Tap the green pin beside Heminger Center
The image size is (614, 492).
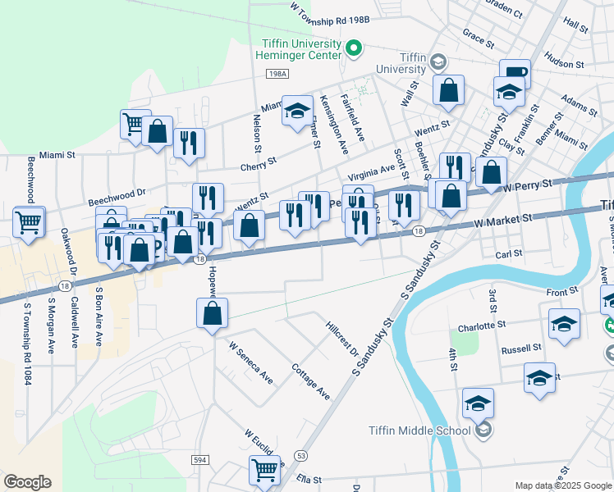point(355,48)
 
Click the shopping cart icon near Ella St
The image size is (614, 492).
point(264,470)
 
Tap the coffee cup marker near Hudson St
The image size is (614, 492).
point(515,72)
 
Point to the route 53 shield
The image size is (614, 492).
point(301,454)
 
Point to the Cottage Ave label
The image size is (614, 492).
point(312,381)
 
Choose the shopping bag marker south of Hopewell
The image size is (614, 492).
point(212,312)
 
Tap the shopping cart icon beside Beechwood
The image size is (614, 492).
point(29,221)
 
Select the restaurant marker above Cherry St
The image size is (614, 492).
point(190,143)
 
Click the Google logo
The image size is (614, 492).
point(27,481)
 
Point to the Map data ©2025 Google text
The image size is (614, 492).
point(562,485)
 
